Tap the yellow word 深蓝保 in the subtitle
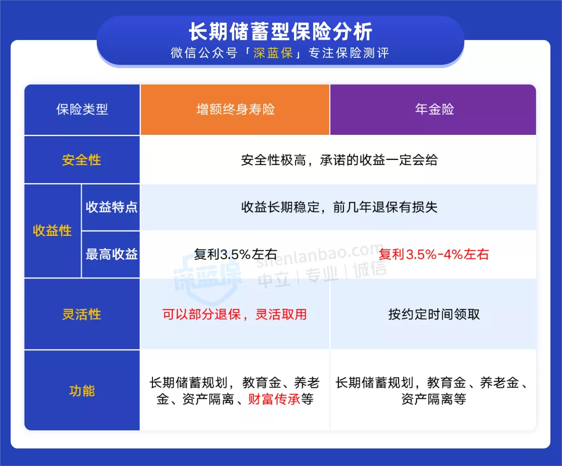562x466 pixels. tap(273, 54)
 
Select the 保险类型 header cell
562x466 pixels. tap(82, 110)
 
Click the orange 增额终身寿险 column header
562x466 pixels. tap(235, 110)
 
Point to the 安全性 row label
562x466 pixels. tap(82, 160)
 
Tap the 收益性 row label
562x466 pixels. tap(53, 231)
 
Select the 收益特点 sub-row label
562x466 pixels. tap(111, 207)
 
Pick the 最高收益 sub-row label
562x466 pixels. tap(111, 255)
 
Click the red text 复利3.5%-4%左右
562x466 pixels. tap(433, 255)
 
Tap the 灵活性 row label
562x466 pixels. tap(82, 314)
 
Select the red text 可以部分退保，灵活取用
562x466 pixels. tap(235, 314)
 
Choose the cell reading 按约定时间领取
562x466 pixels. tap(434, 314)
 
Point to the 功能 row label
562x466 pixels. tap(82, 391)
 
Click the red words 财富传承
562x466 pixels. tap(274, 399)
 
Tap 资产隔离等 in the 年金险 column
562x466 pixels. tap(434, 399)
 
